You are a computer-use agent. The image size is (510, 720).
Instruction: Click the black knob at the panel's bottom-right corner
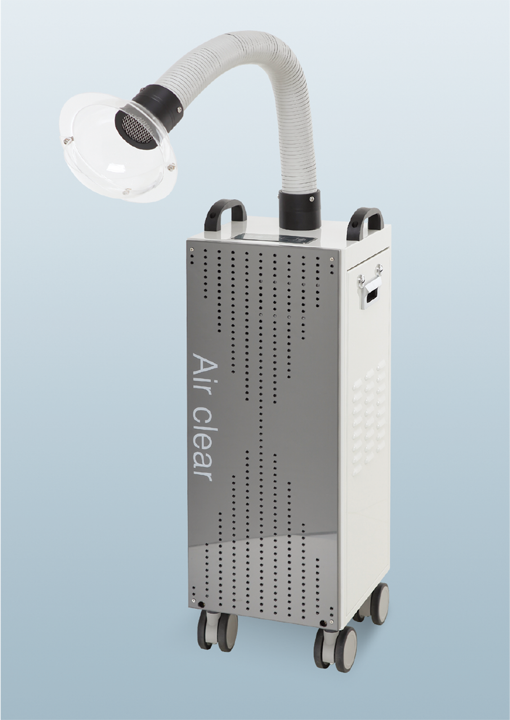click(323, 623)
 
